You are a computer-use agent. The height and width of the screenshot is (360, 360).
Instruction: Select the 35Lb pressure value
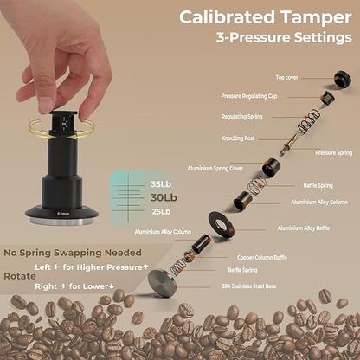[161, 183]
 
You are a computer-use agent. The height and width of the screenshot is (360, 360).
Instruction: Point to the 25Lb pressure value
[161, 211]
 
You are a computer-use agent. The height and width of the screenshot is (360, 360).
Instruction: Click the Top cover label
[288, 77]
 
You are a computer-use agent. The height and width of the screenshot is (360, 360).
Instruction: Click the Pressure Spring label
[333, 152]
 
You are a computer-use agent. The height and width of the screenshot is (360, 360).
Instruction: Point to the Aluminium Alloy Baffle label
[303, 228]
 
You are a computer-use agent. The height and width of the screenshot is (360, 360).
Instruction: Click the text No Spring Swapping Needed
[73, 254]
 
